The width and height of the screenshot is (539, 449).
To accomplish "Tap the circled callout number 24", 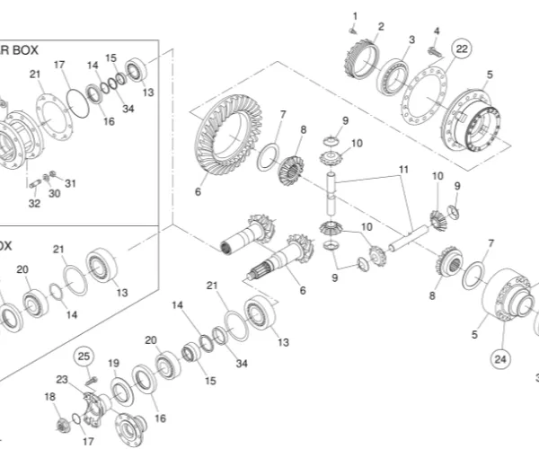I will click(499, 357).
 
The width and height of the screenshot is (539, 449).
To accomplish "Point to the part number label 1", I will click(354, 16).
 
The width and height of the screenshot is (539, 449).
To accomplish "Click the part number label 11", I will click(403, 169).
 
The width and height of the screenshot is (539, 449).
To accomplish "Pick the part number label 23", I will click(62, 379).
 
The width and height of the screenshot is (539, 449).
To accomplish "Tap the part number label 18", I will click(49, 396).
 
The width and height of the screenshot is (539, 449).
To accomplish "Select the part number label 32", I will click(34, 204).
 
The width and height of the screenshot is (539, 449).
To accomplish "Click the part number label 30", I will click(54, 193).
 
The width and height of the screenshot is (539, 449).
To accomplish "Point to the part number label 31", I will click(71, 183).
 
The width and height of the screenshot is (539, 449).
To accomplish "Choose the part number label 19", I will click(114, 363).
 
